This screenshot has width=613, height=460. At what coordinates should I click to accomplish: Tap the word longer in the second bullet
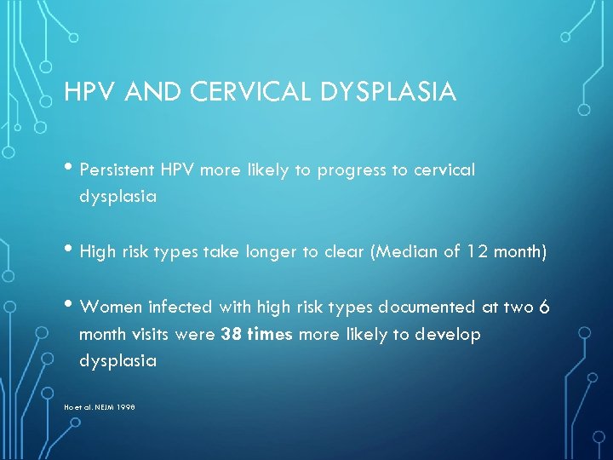(278, 252)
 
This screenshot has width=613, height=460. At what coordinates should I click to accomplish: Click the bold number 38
(230, 334)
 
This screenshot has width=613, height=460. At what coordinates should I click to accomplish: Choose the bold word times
(269, 334)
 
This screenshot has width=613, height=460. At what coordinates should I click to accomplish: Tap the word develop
(449, 334)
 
